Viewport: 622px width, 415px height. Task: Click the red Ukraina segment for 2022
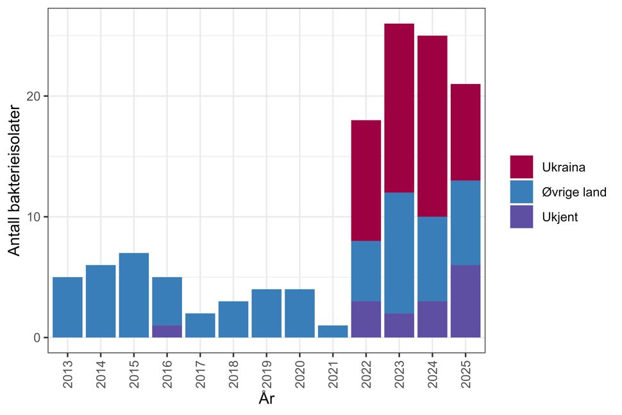(x=366, y=180)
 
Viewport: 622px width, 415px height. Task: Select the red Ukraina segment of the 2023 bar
(x=399, y=108)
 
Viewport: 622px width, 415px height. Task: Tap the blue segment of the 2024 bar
(x=432, y=258)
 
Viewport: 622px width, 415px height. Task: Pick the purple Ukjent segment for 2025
(x=466, y=301)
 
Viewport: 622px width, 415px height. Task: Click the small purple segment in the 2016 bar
(x=167, y=331)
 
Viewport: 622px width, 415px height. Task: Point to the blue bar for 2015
(x=134, y=295)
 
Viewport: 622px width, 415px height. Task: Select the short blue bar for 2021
(x=333, y=331)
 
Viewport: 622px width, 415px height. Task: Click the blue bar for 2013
(x=67, y=307)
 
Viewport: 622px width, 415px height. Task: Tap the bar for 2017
(x=200, y=325)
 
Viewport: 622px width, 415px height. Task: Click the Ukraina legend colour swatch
(x=521, y=167)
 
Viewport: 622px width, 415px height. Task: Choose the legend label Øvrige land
(x=574, y=192)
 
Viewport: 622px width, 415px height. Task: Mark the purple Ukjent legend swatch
(x=521, y=217)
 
